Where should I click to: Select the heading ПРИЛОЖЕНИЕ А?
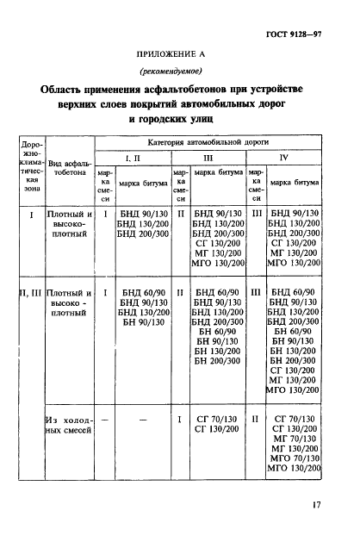click(180, 53)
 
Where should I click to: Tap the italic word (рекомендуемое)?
click(179, 72)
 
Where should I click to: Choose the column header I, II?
click(137, 159)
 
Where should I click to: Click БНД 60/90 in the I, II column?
click(142, 293)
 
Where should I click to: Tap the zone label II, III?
click(31, 293)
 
